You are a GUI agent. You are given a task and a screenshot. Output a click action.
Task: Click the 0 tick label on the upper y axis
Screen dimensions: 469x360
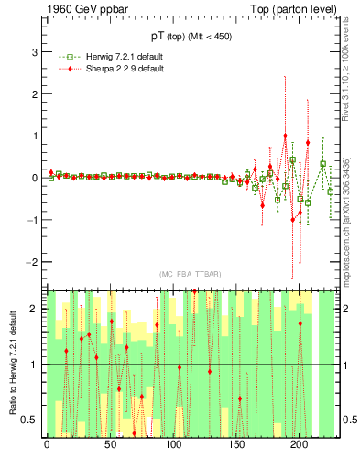tap(35, 178)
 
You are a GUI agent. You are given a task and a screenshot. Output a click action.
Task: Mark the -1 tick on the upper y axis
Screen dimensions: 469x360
tap(33, 220)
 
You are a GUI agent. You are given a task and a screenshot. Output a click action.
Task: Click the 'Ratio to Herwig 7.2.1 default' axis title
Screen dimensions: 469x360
tap(13, 362)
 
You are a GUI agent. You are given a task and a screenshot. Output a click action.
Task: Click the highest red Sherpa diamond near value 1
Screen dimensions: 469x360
tap(285, 136)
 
